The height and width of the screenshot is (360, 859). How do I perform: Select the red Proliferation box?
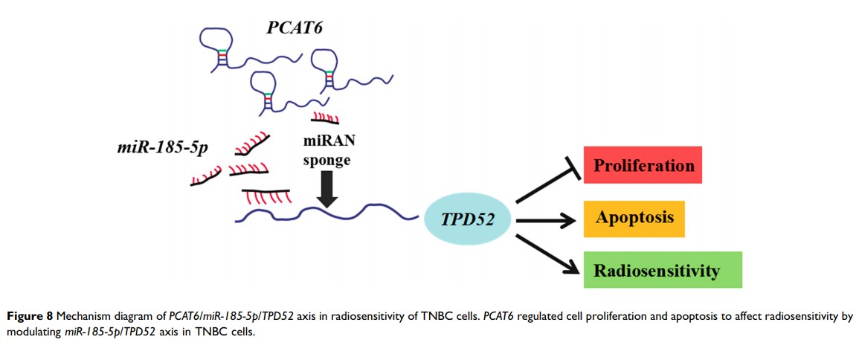click(643, 165)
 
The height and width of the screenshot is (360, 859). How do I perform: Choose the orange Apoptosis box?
click(634, 218)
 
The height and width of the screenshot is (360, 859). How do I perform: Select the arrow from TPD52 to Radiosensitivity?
click(547, 249)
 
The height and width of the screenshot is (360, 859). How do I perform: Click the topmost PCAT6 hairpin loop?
click(222, 39)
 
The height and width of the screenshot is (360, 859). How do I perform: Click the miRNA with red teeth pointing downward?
click(266, 195)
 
